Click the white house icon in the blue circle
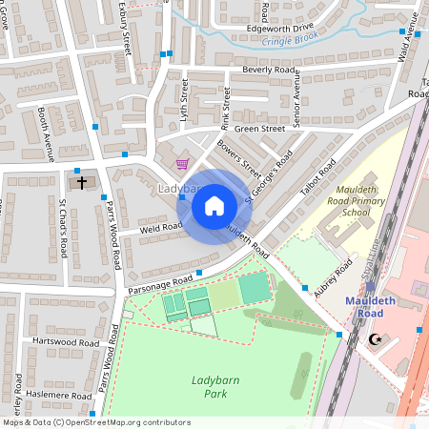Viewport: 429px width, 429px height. tap(214, 204)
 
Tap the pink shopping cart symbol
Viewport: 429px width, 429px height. tap(181, 164)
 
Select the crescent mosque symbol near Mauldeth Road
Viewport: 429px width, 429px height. tap(373, 339)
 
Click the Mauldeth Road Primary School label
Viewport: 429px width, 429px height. tap(342, 200)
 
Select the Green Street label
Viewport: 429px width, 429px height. tap(259, 128)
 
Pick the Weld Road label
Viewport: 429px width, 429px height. tap(160, 227)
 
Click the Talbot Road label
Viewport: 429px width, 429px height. tap(315, 180)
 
